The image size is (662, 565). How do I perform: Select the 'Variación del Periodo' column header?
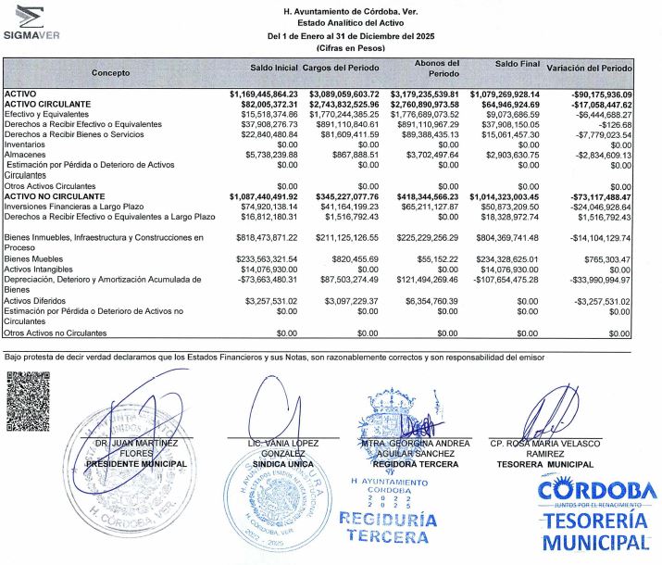(x=589, y=69)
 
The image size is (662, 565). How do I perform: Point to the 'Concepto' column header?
(x=111, y=72)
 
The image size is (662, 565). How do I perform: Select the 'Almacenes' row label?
(x=26, y=155)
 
